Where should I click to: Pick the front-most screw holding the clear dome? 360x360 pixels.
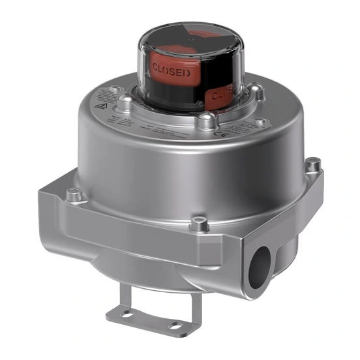pyautogui.click(x=206, y=117)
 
